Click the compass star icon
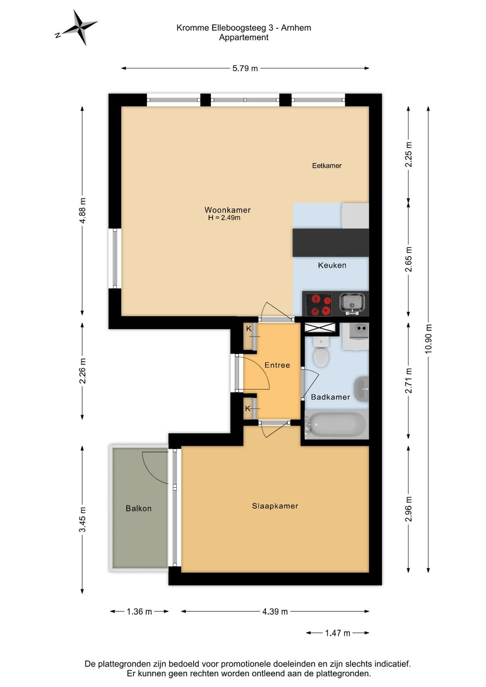[x=81, y=27]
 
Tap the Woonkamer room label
[x=228, y=210]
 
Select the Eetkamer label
[x=327, y=166]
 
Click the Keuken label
[x=332, y=265]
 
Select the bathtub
[x=336, y=425]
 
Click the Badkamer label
[x=330, y=397]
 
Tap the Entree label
[x=277, y=365]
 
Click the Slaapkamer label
[x=275, y=506]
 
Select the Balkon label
[x=139, y=508]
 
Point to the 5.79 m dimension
[x=245, y=68]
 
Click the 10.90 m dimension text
[x=428, y=339]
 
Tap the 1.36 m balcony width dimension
[x=140, y=611]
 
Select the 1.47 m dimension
[x=337, y=633]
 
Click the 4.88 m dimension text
[x=82, y=211]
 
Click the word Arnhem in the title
[x=296, y=28]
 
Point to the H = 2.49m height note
[x=224, y=218]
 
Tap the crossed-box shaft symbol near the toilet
[x=320, y=327]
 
